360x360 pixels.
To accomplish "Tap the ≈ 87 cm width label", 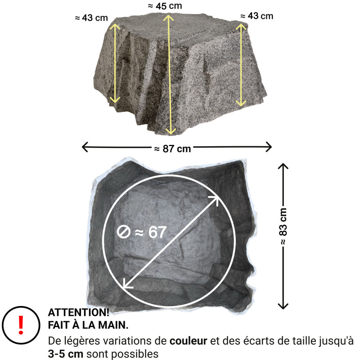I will pos(172,149).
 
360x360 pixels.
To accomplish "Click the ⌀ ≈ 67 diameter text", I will pos(142,232).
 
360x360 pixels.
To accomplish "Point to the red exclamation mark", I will pos(20,324).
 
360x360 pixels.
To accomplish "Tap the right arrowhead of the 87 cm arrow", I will pos(270,147).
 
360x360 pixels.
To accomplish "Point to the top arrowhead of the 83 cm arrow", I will pos(283,165).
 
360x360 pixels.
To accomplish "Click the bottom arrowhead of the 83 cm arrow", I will pos(283,307).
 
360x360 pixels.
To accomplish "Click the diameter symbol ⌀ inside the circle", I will pos(123,233).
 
